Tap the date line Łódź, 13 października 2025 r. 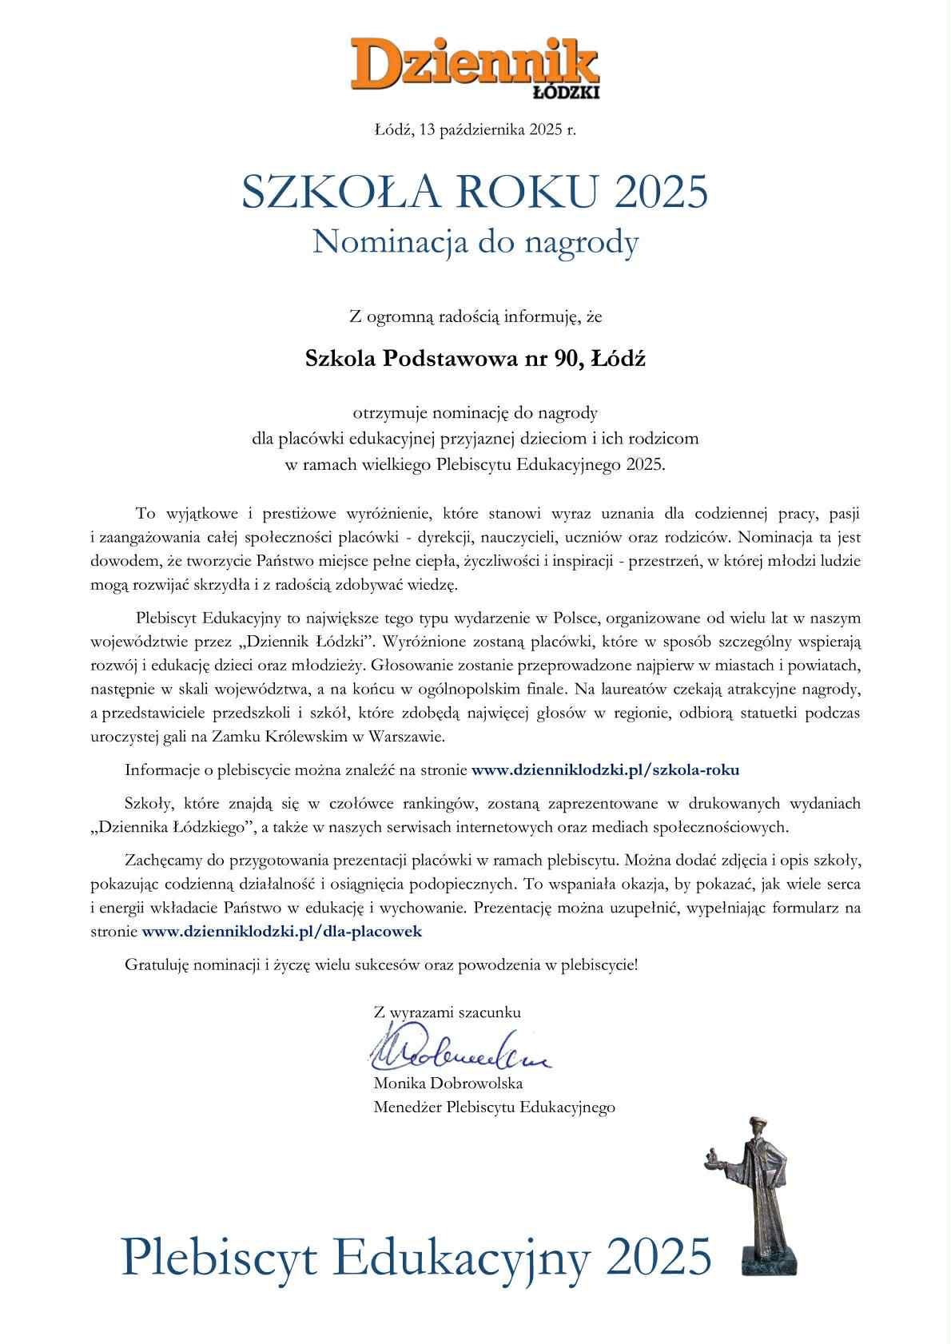475,129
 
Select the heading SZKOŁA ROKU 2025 475,193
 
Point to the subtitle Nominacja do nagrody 475,242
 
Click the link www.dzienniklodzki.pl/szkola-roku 605,770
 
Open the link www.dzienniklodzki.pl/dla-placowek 281,931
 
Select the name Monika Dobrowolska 448,1084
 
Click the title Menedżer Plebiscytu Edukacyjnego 494,1107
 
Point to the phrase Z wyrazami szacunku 447,1012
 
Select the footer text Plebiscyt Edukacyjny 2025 416,1255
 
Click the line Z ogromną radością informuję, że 475,317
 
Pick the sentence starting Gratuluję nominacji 381,964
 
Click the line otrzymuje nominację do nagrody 475,413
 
